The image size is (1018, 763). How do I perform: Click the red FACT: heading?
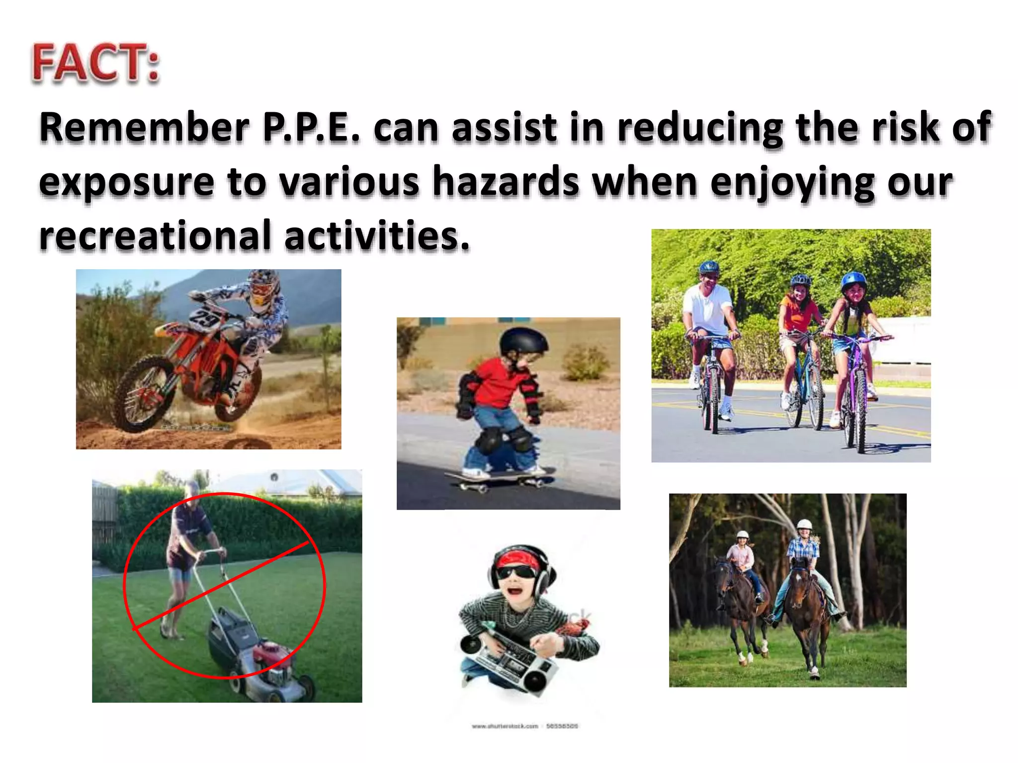[95, 63]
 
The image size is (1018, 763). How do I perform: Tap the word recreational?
[155, 235]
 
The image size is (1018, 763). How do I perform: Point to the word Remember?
[144, 128]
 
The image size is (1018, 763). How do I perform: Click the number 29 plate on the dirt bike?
[205, 318]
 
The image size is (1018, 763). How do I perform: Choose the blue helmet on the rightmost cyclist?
[853, 281]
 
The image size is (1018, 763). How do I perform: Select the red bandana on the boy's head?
[518, 558]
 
